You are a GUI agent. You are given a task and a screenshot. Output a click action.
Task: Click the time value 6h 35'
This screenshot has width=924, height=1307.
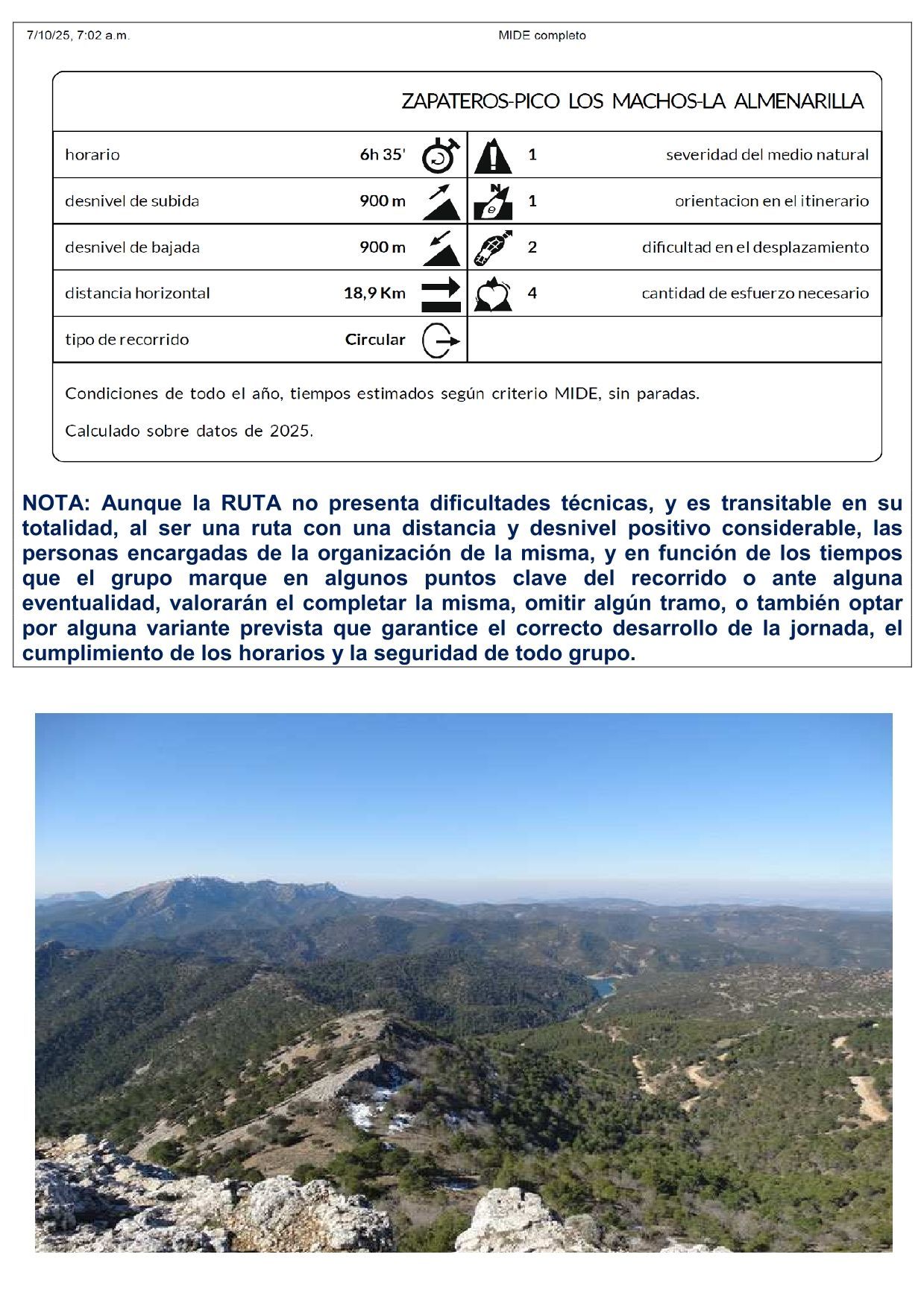[x=383, y=155]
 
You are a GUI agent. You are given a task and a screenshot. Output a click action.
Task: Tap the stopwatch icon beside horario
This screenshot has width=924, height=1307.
[x=440, y=155]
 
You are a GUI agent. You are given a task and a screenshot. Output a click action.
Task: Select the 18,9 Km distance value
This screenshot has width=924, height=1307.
[x=374, y=293]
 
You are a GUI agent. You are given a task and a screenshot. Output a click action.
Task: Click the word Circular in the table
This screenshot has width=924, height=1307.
[x=375, y=340]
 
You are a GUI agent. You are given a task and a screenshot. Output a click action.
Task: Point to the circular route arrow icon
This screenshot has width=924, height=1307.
[x=440, y=341]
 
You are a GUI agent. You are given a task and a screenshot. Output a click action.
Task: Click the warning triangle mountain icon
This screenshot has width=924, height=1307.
[x=493, y=155]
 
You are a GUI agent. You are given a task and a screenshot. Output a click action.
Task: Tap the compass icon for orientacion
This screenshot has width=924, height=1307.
[x=493, y=201]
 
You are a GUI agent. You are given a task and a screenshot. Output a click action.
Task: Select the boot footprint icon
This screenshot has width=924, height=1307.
[x=493, y=247]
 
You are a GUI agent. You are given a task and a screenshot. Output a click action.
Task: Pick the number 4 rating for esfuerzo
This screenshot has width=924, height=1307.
[x=532, y=293]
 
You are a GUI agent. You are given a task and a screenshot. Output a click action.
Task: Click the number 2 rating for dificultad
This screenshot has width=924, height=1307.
[x=532, y=247]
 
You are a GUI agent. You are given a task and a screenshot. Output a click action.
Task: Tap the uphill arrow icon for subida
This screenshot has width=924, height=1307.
[x=441, y=201]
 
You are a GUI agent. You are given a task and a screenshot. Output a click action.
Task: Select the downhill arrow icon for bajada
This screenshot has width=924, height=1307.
[x=441, y=247]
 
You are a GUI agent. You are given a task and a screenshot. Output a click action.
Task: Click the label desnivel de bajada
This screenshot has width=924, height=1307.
[x=132, y=247]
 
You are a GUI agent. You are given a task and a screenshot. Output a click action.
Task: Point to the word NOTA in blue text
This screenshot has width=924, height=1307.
[x=55, y=503]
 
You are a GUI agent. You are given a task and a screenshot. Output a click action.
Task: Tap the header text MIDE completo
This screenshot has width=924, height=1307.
[x=542, y=35]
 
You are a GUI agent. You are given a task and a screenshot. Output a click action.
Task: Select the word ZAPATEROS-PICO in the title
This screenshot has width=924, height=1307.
[x=480, y=101]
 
